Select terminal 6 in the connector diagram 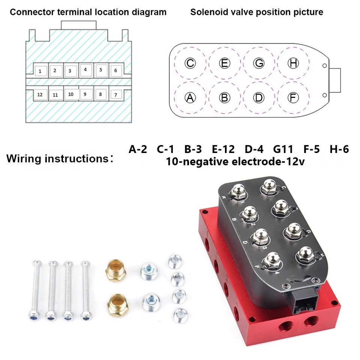(x=115, y=70)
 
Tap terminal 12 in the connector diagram (x=40, y=95)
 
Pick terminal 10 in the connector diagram (x=71, y=94)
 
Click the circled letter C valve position (x=190, y=63)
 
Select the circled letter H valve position (x=293, y=63)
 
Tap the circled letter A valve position (x=190, y=97)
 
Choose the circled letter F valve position (x=293, y=97)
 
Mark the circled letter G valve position (x=259, y=63)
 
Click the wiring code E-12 (x=223, y=150)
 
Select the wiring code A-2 (x=138, y=150)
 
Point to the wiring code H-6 (x=339, y=150)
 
